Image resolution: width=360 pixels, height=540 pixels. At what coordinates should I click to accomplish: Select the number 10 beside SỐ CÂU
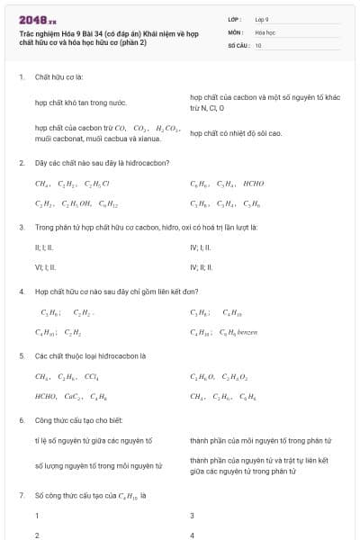click(x=258, y=44)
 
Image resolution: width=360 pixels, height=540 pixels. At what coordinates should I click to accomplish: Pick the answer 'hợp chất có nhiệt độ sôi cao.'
click(x=236, y=133)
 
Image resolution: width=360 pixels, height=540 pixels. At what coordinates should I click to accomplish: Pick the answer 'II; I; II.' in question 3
click(x=44, y=247)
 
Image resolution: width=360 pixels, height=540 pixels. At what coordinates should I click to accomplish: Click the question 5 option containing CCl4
click(x=67, y=377)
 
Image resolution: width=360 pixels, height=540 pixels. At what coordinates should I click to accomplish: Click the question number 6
click(x=21, y=420)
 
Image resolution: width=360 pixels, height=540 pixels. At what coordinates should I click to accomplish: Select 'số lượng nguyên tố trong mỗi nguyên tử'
click(x=99, y=466)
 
